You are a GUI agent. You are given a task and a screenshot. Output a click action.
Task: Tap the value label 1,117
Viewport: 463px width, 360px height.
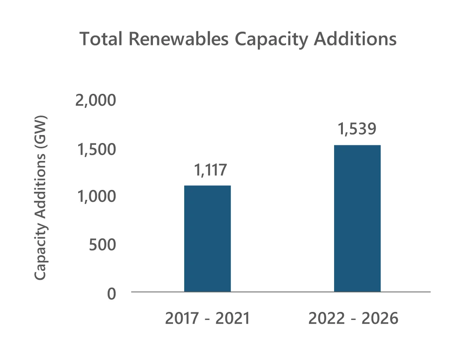point(211,170)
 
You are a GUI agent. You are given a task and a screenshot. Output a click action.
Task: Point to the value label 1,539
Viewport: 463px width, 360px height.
point(357,129)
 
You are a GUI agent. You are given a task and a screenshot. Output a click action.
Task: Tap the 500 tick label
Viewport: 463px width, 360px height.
point(102,245)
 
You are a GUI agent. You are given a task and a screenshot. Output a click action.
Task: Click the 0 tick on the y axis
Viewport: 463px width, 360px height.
point(111,294)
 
